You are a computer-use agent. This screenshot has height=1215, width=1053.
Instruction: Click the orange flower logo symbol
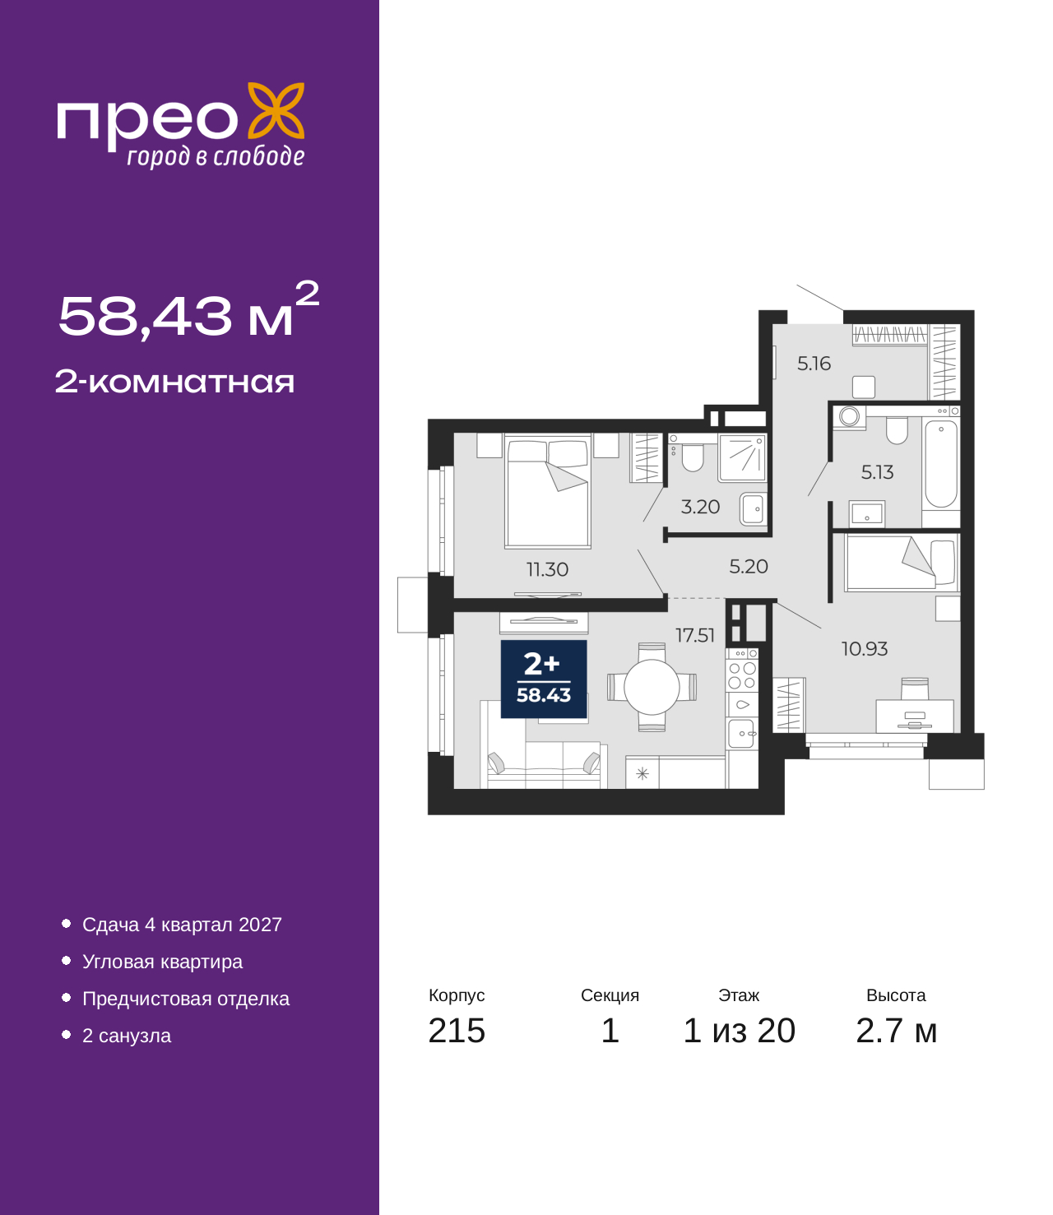pos(276,110)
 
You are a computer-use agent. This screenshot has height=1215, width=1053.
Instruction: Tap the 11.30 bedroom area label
pos(547,569)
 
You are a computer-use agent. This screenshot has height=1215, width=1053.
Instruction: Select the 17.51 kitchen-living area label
pos(694,635)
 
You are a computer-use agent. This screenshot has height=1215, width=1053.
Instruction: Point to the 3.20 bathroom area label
pos(700,506)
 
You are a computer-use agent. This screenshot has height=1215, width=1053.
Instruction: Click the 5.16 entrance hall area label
pos(814,364)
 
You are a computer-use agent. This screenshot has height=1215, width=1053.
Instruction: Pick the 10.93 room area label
pos(865,648)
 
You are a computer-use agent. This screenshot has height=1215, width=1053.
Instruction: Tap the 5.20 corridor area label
pos(749,566)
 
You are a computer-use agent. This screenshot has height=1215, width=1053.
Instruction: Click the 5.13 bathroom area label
pos(877,471)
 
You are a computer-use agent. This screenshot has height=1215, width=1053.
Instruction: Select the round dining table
pos(652,687)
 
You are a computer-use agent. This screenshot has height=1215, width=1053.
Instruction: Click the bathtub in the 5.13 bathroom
pos(940,463)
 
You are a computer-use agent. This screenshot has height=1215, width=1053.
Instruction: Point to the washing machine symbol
pos(849,417)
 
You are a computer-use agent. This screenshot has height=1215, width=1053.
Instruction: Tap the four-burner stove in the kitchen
pos(742,675)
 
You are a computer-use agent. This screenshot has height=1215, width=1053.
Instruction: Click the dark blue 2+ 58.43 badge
pos(543,679)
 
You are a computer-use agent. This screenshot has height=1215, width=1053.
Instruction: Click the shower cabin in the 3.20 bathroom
pos(742,457)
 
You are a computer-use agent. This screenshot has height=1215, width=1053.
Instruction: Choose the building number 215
pos(457,1031)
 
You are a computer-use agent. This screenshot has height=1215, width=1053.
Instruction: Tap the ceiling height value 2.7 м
pos(896,1031)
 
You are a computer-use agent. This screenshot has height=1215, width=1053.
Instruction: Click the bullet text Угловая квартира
pos(162,962)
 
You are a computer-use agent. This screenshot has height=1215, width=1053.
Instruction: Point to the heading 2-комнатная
pos(174,382)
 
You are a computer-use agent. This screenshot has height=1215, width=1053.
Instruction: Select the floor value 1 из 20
pos(739,1031)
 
